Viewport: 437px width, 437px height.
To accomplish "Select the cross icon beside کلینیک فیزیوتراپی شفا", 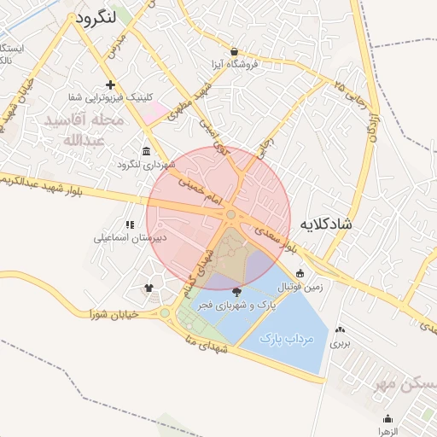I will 110,84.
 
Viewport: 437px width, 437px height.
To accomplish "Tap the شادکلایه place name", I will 325,224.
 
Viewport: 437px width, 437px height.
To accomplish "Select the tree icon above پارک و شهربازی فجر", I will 236,292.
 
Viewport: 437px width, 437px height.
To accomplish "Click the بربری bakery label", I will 341,344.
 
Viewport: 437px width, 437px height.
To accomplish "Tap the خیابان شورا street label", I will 112,314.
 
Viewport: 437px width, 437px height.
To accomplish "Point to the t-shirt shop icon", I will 150,288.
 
